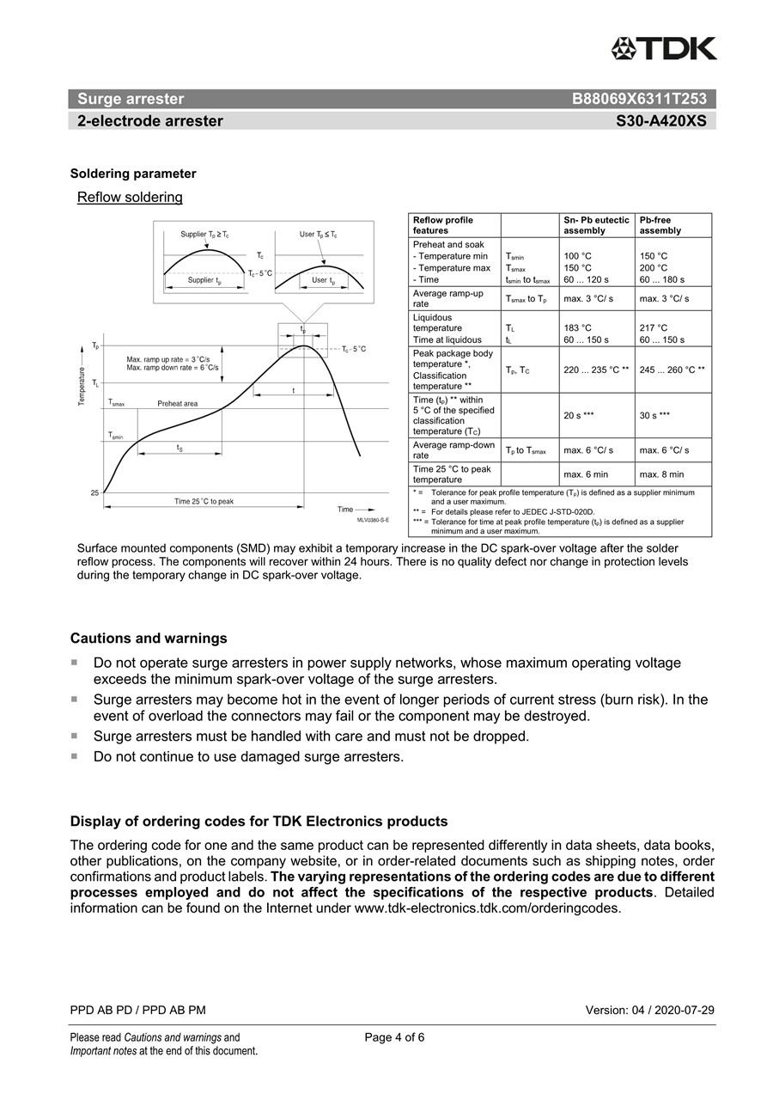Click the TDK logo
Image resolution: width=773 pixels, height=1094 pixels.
pyautogui.click(x=664, y=49)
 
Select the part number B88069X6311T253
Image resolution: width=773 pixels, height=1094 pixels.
pyautogui.click(x=639, y=99)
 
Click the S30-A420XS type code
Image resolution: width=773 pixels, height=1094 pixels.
pyautogui.click(x=660, y=121)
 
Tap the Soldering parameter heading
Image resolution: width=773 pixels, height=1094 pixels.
pyautogui.click(x=133, y=174)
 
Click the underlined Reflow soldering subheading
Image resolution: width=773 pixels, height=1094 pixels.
pyautogui.click(x=130, y=198)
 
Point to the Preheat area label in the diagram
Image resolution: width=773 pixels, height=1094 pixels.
pyautogui.click(x=177, y=403)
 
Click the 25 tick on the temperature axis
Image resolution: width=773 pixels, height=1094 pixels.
pyautogui.click(x=94, y=492)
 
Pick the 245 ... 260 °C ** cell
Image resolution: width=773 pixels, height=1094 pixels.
pyautogui.click(x=673, y=370)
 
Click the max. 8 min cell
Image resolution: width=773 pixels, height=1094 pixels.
pyautogui.click(x=661, y=474)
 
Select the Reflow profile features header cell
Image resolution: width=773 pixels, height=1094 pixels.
pyautogui.click(x=442, y=225)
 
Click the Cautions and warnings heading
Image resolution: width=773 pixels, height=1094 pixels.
pyautogui.click(x=149, y=639)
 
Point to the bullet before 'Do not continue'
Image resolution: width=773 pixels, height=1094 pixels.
pyautogui.click(x=74, y=756)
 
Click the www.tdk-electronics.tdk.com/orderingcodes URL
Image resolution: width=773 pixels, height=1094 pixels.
pyautogui.click(x=486, y=908)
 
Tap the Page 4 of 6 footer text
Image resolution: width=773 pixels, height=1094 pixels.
pyautogui.click(x=394, y=1037)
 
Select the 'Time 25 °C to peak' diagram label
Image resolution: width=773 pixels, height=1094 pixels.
pyautogui.click(x=204, y=501)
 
